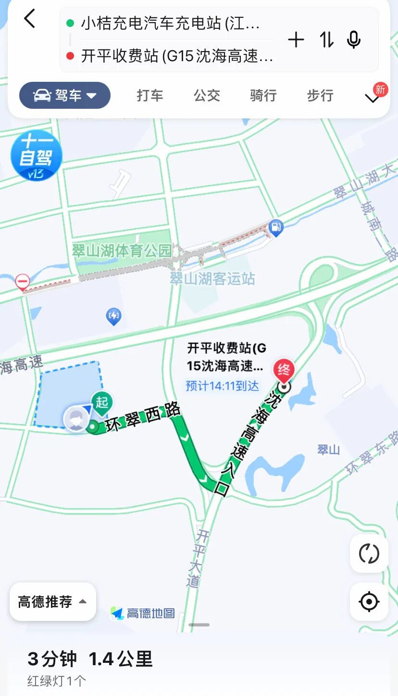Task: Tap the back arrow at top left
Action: pos(30,19)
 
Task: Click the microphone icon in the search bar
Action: pos(354,40)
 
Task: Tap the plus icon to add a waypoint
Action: pos(296,40)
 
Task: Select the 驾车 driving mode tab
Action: pos(65,95)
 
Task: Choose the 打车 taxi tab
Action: pos(150,95)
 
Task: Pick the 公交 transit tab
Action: pos(207,95)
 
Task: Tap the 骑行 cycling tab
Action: pos(263,95)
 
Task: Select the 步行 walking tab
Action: pos(320,95)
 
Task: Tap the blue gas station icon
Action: pos(276,227)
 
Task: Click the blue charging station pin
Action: pos(113,316)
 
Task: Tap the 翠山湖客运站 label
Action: pos(212,279)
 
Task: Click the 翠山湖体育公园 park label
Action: pos(122,250)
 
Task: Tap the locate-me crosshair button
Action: pos(369,602)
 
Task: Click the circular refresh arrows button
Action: pos(369,554)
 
